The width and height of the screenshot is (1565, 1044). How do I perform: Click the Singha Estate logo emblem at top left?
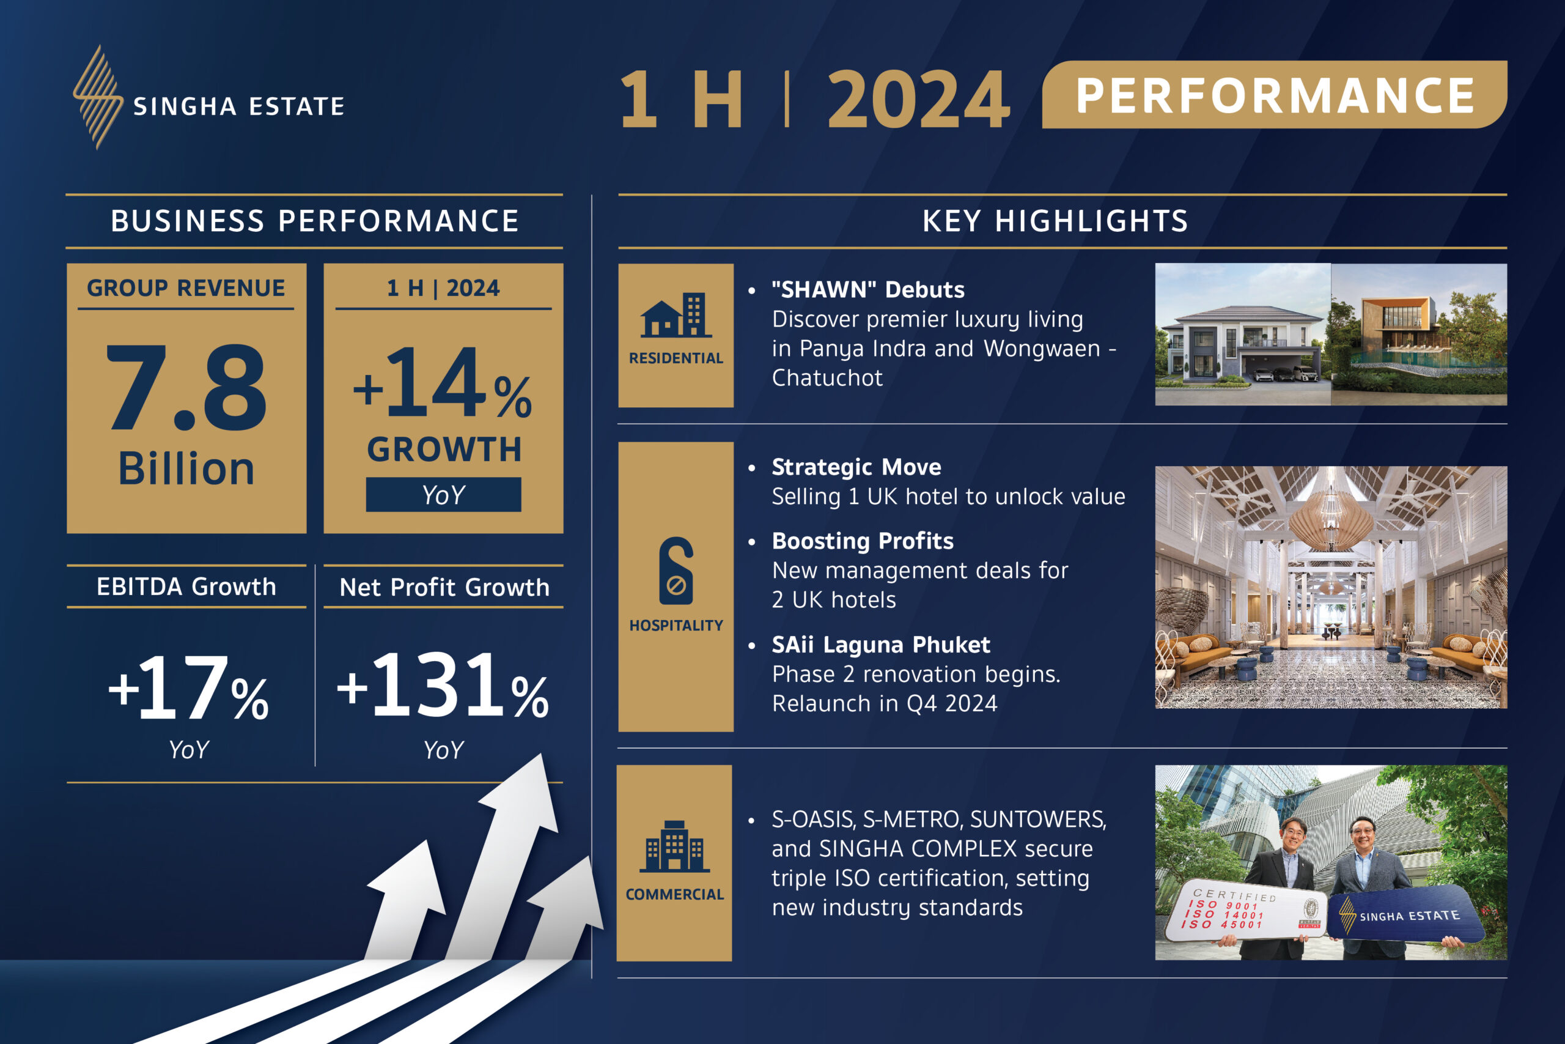pyautogui.click(x=98, y=97)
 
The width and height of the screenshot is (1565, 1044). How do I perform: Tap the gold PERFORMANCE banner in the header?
pyautogui.click(x=1274, y=95)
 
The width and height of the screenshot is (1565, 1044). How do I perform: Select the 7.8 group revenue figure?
pyautogui.click(x=186, y=388)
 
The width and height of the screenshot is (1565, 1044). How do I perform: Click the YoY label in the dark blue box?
pyautogui.click(x=443, y=495)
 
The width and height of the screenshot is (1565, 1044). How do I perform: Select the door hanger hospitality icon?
pyautogui.click(x=676, y=570)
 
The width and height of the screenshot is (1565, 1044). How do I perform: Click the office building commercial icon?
pyautogui.click(x=675, y=846)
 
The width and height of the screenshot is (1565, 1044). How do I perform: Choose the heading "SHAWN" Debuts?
pyautogui.click(x=868, y=290)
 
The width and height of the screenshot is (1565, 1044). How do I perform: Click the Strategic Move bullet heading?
pyautogui.click(x=856, y=467)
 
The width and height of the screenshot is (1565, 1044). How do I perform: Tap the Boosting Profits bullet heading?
pyautogui.click(x=863, y=541)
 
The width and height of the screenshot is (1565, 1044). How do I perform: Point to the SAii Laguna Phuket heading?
pyautogui.click(x=881, y=645)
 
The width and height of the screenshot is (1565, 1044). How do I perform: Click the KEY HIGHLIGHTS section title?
pyautogui.click(x=1055, y=221)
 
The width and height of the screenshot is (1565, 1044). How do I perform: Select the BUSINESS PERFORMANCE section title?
pyautogui.click(x=315, y=221)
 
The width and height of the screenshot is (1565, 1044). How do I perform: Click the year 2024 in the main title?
pyautogui.click(x=919, y=100)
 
